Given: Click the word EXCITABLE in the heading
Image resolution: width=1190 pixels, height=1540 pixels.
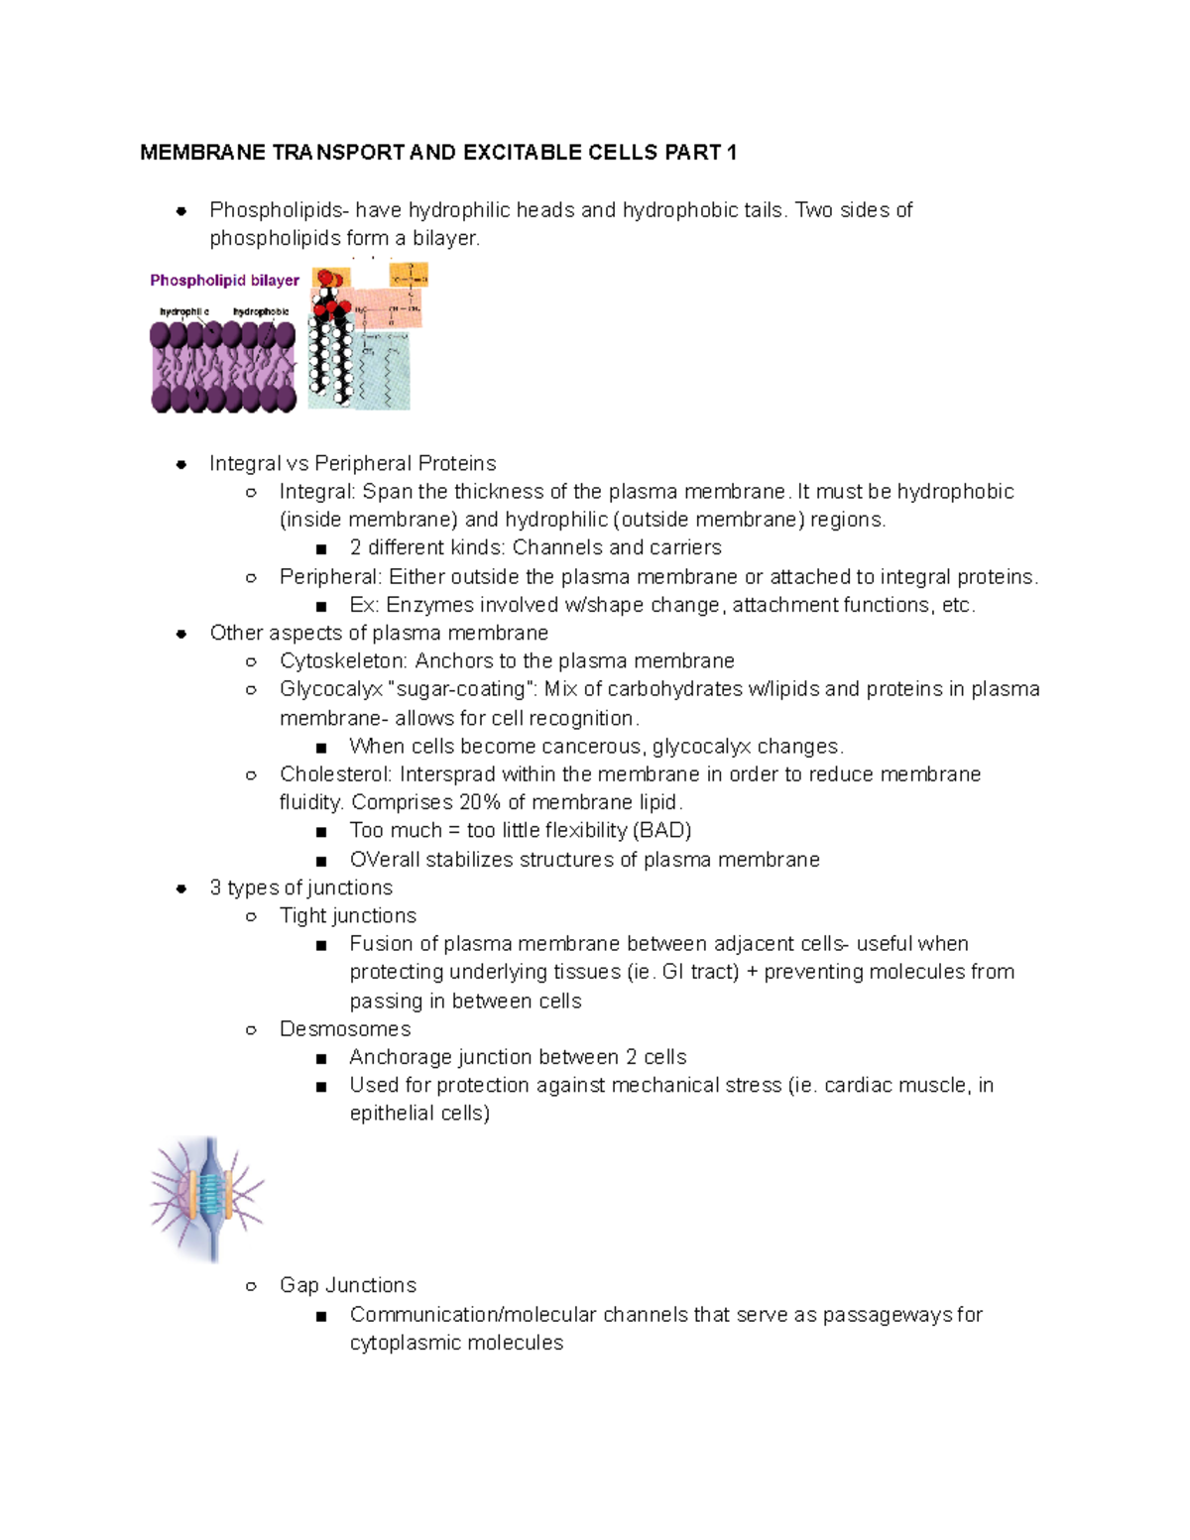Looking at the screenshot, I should tap(522, 153).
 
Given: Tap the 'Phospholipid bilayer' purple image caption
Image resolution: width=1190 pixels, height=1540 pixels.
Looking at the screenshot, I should tap(224, 281).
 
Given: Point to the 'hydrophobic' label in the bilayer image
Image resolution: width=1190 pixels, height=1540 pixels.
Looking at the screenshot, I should tap(261, 312).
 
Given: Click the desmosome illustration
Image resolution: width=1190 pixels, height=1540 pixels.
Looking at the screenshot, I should tap(207, 1198).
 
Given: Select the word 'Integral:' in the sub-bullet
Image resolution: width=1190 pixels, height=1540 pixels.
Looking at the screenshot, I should tap(317, 492).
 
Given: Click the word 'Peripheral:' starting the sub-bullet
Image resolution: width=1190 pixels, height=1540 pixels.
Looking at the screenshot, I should tap(330, 577).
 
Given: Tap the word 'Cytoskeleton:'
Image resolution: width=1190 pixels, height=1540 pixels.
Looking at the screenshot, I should tap(343, 661).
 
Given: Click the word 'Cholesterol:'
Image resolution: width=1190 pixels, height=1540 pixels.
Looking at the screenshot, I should tap(335, 774).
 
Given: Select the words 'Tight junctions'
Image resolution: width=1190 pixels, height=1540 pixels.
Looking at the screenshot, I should tap(348, 916).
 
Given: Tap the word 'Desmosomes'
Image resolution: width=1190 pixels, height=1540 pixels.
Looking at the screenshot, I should tap(345, 1029).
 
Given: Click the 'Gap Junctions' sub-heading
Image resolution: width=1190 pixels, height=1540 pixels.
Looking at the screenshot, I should tap(348, 1285).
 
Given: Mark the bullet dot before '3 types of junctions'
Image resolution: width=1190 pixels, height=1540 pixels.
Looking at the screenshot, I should tap(181, 888).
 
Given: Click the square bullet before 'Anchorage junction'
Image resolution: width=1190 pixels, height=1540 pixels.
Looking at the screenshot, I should tap(321, 1058).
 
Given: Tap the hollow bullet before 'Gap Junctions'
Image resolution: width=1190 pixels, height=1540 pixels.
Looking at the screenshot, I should tap(252, 1286).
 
